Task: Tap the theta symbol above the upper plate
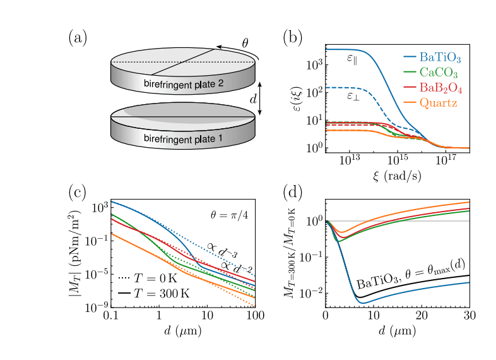point(246,43)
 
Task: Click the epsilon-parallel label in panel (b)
point(353,58)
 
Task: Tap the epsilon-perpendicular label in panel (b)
point(353,97)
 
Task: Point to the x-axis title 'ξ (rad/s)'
point(398,175)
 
